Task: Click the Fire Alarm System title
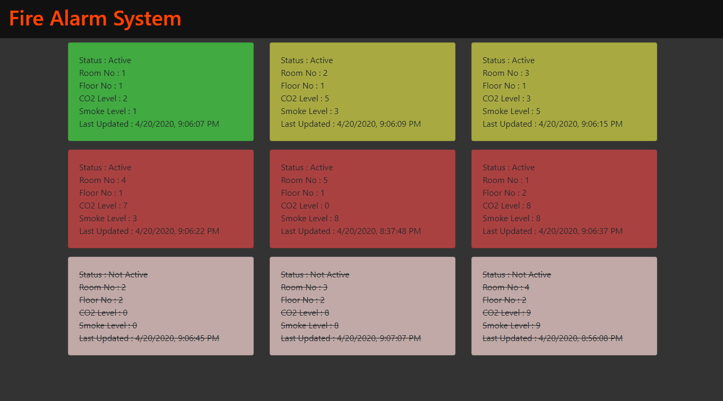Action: (x=95, y=19)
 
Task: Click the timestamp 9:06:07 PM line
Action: (x=149, y=124)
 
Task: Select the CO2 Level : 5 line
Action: (x=305, y=99)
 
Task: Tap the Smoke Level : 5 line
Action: (x=511, y=111)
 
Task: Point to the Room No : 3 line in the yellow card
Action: (x=506, y=73)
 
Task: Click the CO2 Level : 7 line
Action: (x=104, y=205)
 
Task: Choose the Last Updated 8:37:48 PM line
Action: (x=351, y=231)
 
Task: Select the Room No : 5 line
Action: (x=304, y=180)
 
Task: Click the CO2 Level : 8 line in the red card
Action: (x=507, y=205)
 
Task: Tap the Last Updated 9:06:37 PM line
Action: (x=553, y=231)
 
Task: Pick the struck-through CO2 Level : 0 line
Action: (x=104, y=312)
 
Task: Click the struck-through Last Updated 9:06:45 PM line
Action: (x=149, y=338)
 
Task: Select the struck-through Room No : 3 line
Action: (x=304, y=287)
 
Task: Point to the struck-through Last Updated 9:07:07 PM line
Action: (x=351, y=338)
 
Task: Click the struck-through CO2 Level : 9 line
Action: (x=507, y=312)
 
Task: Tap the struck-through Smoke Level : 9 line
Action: (x=511, y=326)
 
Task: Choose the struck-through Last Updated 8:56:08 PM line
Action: (x=553, y=338)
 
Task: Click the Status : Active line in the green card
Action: (x=105, y=60)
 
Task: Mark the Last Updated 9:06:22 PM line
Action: (x=149, y=231)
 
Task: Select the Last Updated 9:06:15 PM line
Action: (x=553, y=124)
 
